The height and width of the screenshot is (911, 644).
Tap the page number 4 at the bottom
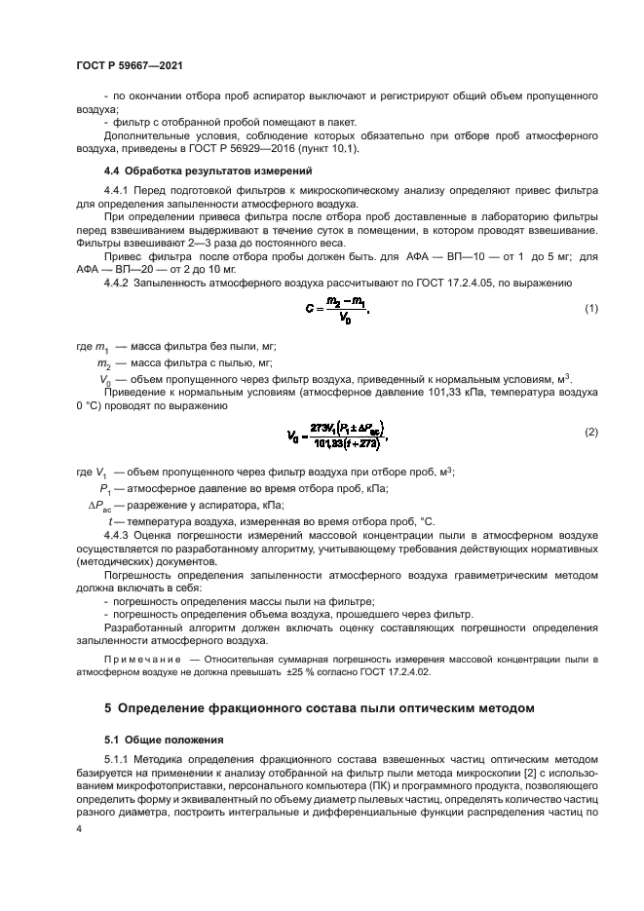(80, 828)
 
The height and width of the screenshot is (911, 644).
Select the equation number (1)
(589, 308)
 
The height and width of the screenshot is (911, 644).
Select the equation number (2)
(589, 431)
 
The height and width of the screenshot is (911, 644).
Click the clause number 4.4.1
(117, 189)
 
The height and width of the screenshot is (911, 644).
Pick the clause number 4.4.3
(117, 535)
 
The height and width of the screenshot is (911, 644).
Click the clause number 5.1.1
(117, 757)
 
